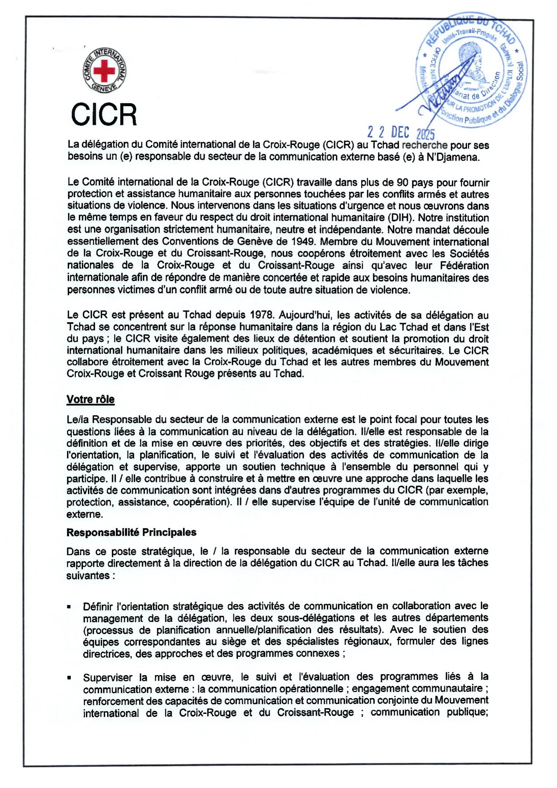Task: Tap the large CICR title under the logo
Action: coord(104,115)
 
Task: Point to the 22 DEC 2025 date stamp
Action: coord(401,132)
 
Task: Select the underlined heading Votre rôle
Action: coord(91,400)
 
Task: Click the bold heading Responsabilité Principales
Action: coord(131,532)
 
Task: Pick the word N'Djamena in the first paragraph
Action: coord(452,157)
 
